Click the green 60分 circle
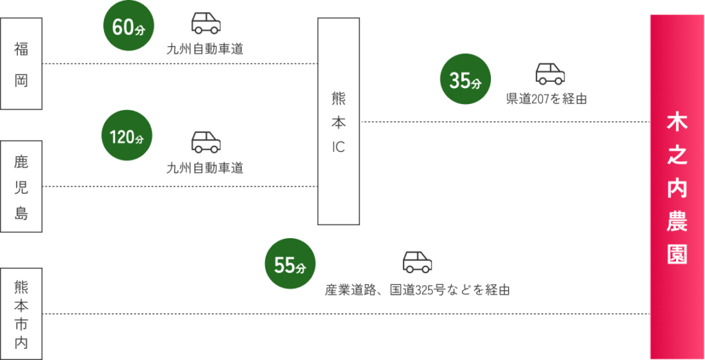[x=127, y=28]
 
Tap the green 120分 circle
[x=127, y=136]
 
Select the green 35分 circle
[x=465, y=80]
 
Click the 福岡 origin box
[x=21, y=63]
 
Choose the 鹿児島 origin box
[x=21, y=187]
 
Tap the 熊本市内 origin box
[x=21, y=314]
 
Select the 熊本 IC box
[x=339, y=121]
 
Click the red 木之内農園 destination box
[x=677, y=187]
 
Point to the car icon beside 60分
[x=206, y=23]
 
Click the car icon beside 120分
[x=206, y=142]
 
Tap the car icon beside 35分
[x=550, y=74]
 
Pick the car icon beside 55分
[x=417, y=262]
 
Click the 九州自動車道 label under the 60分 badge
[x=205, y=50]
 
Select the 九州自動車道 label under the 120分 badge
[x=205, y=168]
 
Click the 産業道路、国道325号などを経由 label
[x=417, y=290]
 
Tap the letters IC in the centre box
[x=339, y=147]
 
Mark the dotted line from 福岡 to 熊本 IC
[x=179, y=64]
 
